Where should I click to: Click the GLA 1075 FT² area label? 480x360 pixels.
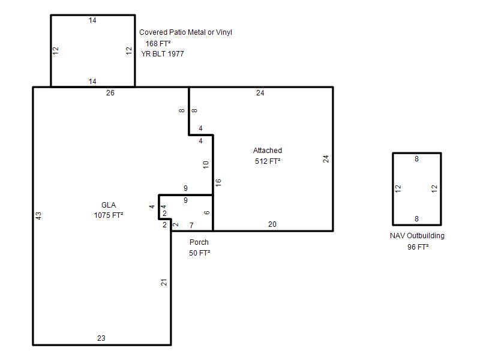[109, 210]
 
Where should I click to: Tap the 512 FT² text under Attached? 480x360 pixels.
[268, 161]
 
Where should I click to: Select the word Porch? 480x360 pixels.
[199, 242]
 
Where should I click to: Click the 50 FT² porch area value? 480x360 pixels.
[200, 253]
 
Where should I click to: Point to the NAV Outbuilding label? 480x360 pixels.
[417, 236]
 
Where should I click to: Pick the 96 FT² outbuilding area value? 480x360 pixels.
[418, 247]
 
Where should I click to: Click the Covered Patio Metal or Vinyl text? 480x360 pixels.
[185, 32]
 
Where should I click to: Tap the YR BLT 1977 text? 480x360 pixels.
[163, 54]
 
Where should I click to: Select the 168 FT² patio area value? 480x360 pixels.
[158, 43]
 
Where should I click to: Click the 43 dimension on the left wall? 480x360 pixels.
[38, 216]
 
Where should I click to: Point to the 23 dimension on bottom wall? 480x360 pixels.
[101, 338]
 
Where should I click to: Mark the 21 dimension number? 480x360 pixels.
[164, 282]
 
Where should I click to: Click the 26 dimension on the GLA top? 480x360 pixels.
[110, 93]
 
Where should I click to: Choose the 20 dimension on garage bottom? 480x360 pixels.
[272, 224]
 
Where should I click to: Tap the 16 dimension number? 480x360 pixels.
[218, 183]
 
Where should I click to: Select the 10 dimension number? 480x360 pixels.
[206, 164]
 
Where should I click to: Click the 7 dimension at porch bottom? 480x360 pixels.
[191, 226]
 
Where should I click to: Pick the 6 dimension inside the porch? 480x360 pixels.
[207, 212]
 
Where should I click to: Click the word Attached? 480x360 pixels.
[268, 151]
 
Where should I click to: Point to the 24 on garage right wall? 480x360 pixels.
[326, 159]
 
